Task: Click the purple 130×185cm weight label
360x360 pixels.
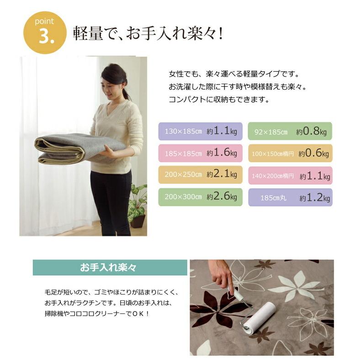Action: [200, 132]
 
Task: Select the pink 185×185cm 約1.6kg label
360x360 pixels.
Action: [200, 153]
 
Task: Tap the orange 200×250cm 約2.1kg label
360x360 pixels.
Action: [200, 175]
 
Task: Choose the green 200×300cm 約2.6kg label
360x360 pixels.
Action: [200, 197]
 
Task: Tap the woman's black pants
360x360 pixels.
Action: [111, 201]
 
